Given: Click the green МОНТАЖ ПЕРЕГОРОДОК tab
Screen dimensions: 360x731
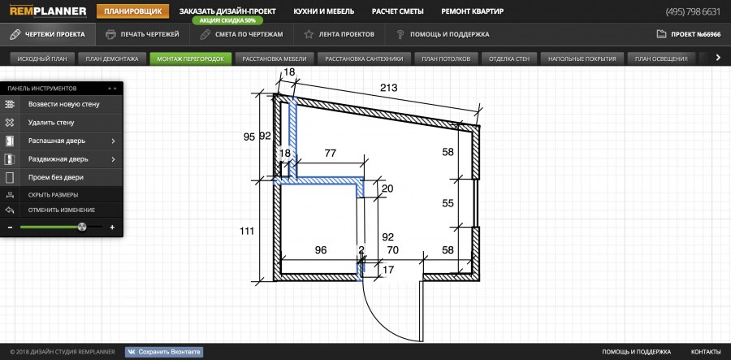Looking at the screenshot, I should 191,59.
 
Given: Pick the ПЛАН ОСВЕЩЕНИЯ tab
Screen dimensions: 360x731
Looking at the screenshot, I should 662,59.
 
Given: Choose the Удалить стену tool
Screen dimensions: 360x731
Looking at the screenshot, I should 50,123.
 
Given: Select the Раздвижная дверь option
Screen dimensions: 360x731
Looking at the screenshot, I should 58,159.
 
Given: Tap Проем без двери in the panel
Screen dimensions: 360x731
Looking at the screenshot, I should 55,177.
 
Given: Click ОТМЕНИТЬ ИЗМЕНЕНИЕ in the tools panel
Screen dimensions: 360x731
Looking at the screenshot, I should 60,210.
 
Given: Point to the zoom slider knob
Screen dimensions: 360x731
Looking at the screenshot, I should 81,228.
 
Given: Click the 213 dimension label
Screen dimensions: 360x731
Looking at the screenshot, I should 388,87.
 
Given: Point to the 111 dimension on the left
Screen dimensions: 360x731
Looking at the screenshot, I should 248,231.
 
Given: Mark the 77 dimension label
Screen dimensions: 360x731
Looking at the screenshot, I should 330,153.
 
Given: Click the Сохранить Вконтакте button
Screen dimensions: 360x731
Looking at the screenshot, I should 163,352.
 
